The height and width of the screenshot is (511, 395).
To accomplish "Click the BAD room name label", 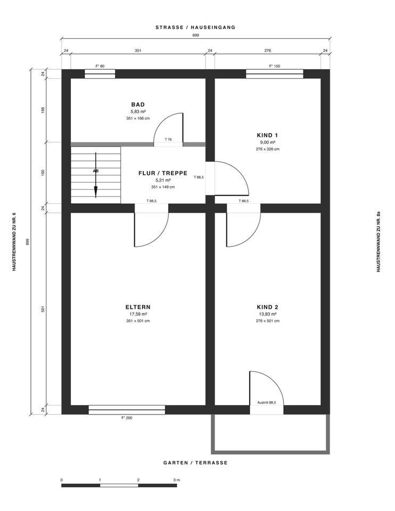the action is point(138,105).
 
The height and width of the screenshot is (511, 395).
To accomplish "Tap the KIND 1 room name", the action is point(267,135).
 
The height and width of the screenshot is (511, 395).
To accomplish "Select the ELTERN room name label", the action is point(138,307).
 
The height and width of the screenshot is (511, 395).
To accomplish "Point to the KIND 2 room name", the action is point(267,307).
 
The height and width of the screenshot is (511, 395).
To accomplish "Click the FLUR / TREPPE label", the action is point(163,173).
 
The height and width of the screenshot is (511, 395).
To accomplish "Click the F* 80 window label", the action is point(100,66).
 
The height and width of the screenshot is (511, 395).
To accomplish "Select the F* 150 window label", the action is point(274,66).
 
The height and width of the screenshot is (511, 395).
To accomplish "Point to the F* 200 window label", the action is point(127,418).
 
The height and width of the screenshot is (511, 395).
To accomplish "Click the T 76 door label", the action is point(168,139).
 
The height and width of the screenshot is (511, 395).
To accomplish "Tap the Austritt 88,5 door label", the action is point(267,402).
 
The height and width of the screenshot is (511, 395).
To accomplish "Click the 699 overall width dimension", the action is point(195,35).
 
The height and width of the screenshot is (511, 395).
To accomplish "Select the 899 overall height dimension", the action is point(28,242).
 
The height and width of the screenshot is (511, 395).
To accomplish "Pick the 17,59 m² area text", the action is point(138,314).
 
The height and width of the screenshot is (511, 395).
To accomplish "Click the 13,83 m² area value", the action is point(267,314).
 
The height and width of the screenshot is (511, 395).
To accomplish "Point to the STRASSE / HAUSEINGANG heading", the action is point(195,27).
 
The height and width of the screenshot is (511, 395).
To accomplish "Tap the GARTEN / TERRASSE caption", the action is point(195,463).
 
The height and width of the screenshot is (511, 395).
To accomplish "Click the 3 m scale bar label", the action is point(177,480).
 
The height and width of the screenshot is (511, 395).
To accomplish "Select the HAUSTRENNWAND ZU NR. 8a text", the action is point(378,242).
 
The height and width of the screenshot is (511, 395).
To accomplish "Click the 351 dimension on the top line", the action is point(138,51).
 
